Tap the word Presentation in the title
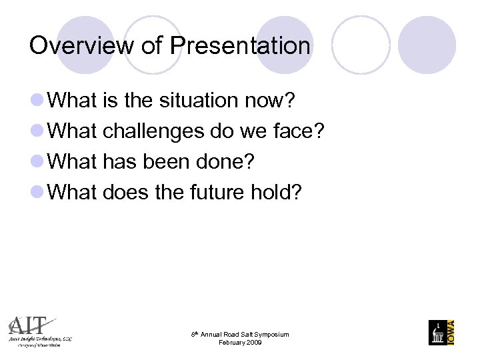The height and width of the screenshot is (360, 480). coord(240,46)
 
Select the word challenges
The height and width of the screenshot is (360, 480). coord(153,131)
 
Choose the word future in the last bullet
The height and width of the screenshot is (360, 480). coord(215,193)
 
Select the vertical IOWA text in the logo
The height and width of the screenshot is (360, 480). coord(451,331)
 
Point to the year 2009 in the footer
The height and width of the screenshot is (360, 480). coord(253,343)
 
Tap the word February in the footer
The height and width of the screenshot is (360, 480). coord(231,343)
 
